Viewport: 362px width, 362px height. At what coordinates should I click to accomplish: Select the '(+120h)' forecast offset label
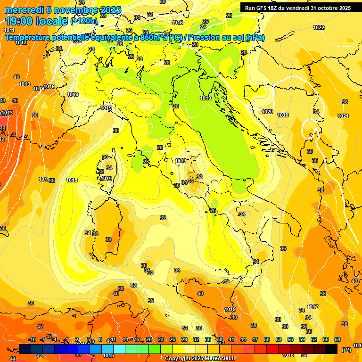click(84, 21)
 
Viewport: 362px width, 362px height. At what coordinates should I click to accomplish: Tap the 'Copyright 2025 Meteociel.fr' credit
click(200, 358)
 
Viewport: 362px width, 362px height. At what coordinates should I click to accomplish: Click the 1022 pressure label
click(319, 27)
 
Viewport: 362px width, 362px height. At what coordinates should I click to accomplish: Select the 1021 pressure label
click(343, 116)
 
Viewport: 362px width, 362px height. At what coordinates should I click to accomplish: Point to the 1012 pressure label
click(21, 42)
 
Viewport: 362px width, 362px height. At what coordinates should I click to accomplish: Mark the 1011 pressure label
click(9, 30)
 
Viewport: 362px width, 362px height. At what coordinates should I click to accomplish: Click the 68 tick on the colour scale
click(337, 339)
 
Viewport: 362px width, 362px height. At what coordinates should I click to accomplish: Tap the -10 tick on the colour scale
click(32, 339)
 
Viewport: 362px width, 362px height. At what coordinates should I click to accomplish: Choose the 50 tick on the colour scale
click(267, 339)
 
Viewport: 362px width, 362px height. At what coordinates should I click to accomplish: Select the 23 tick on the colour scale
click(161, 339)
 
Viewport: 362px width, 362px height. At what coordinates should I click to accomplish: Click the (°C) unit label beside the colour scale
click(346, 349)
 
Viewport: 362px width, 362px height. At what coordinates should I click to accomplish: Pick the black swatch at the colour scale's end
click(331, 349)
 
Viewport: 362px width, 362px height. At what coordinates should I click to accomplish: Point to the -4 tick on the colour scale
click(55, 339)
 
